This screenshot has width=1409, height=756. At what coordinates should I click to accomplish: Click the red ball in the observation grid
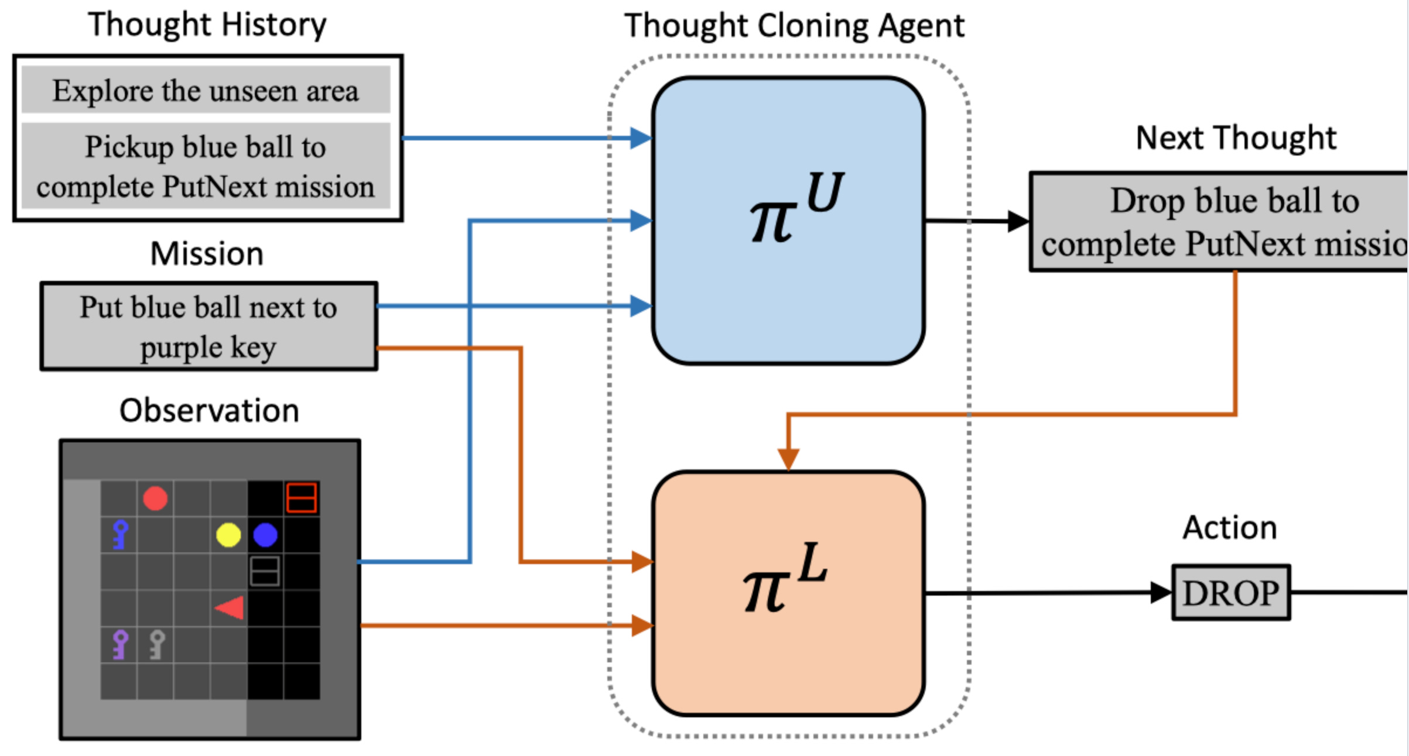(155, 499)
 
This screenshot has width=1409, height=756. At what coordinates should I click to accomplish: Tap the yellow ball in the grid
(228, 535)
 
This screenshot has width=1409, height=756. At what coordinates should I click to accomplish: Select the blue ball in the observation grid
(265, 535)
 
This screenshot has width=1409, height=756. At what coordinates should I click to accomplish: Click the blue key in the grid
(120, 535)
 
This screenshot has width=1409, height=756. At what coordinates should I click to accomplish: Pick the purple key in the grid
(120, 645)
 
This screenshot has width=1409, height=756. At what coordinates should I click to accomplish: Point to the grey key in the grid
(157, 645)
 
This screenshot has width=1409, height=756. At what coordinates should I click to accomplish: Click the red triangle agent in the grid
(230, 608)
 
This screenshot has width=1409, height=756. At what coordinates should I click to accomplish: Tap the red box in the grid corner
(302, 498)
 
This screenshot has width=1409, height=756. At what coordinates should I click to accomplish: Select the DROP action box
(1231, 592)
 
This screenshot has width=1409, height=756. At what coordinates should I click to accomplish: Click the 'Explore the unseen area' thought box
(206, 90)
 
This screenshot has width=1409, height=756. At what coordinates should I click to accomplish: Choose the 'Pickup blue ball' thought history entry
(206, 166)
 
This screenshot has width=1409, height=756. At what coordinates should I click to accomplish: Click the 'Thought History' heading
(207, 25)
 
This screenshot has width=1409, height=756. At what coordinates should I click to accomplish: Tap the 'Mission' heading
(207, 253)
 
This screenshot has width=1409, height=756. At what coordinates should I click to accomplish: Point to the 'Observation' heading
(209, 410)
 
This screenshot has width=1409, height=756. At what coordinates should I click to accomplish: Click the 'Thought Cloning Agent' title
(794, 26)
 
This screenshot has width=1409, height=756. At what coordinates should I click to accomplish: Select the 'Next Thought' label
(1236, 138)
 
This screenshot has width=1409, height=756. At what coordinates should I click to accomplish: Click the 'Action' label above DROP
(1230, 527)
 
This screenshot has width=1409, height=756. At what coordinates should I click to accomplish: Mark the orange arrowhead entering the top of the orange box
(788, 459)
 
